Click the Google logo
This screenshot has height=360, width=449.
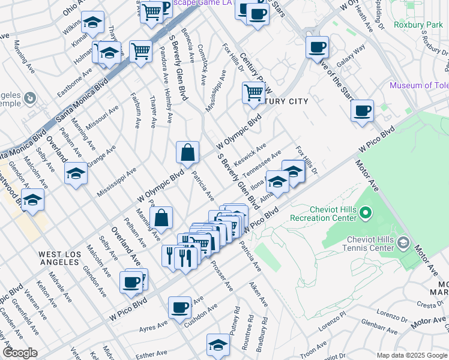pos(20,353)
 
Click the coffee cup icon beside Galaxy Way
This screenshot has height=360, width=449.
pos(316,47)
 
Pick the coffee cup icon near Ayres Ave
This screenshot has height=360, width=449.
pos(179,307)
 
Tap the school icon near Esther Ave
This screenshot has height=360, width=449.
pos(218,344)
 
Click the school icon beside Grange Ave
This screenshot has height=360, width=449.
pos(76,173)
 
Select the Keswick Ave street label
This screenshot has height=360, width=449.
pos(253,155)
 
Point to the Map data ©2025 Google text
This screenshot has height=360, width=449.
pos(411,355)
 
